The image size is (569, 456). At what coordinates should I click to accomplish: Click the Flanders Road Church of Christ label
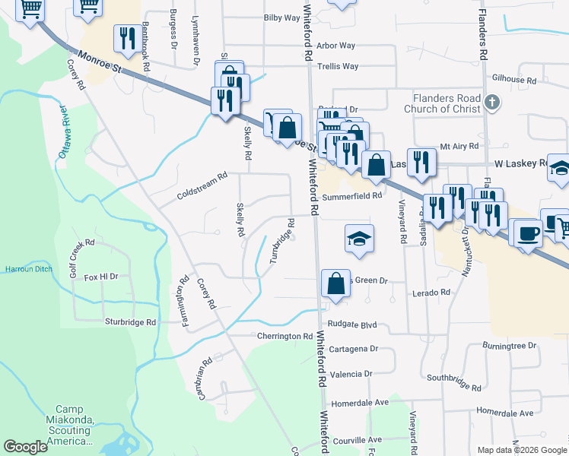[447, 103]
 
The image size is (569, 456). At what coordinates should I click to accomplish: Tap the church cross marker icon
[492, 103]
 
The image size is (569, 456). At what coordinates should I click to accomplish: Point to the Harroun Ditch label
[26, 269]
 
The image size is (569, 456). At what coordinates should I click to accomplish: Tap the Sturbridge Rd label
[130, 322]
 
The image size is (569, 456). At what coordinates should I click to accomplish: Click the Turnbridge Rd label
[283, 242]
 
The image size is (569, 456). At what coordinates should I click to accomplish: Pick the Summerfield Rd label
[351, 196]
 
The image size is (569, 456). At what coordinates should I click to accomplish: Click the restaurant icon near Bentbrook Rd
[126, 36]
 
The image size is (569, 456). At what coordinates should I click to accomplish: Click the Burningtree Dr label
[509, 346]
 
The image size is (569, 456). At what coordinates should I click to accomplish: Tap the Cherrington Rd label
[285, 337]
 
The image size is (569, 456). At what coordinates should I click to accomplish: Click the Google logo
[25, 447]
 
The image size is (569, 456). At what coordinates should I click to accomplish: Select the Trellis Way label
[338, 67]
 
